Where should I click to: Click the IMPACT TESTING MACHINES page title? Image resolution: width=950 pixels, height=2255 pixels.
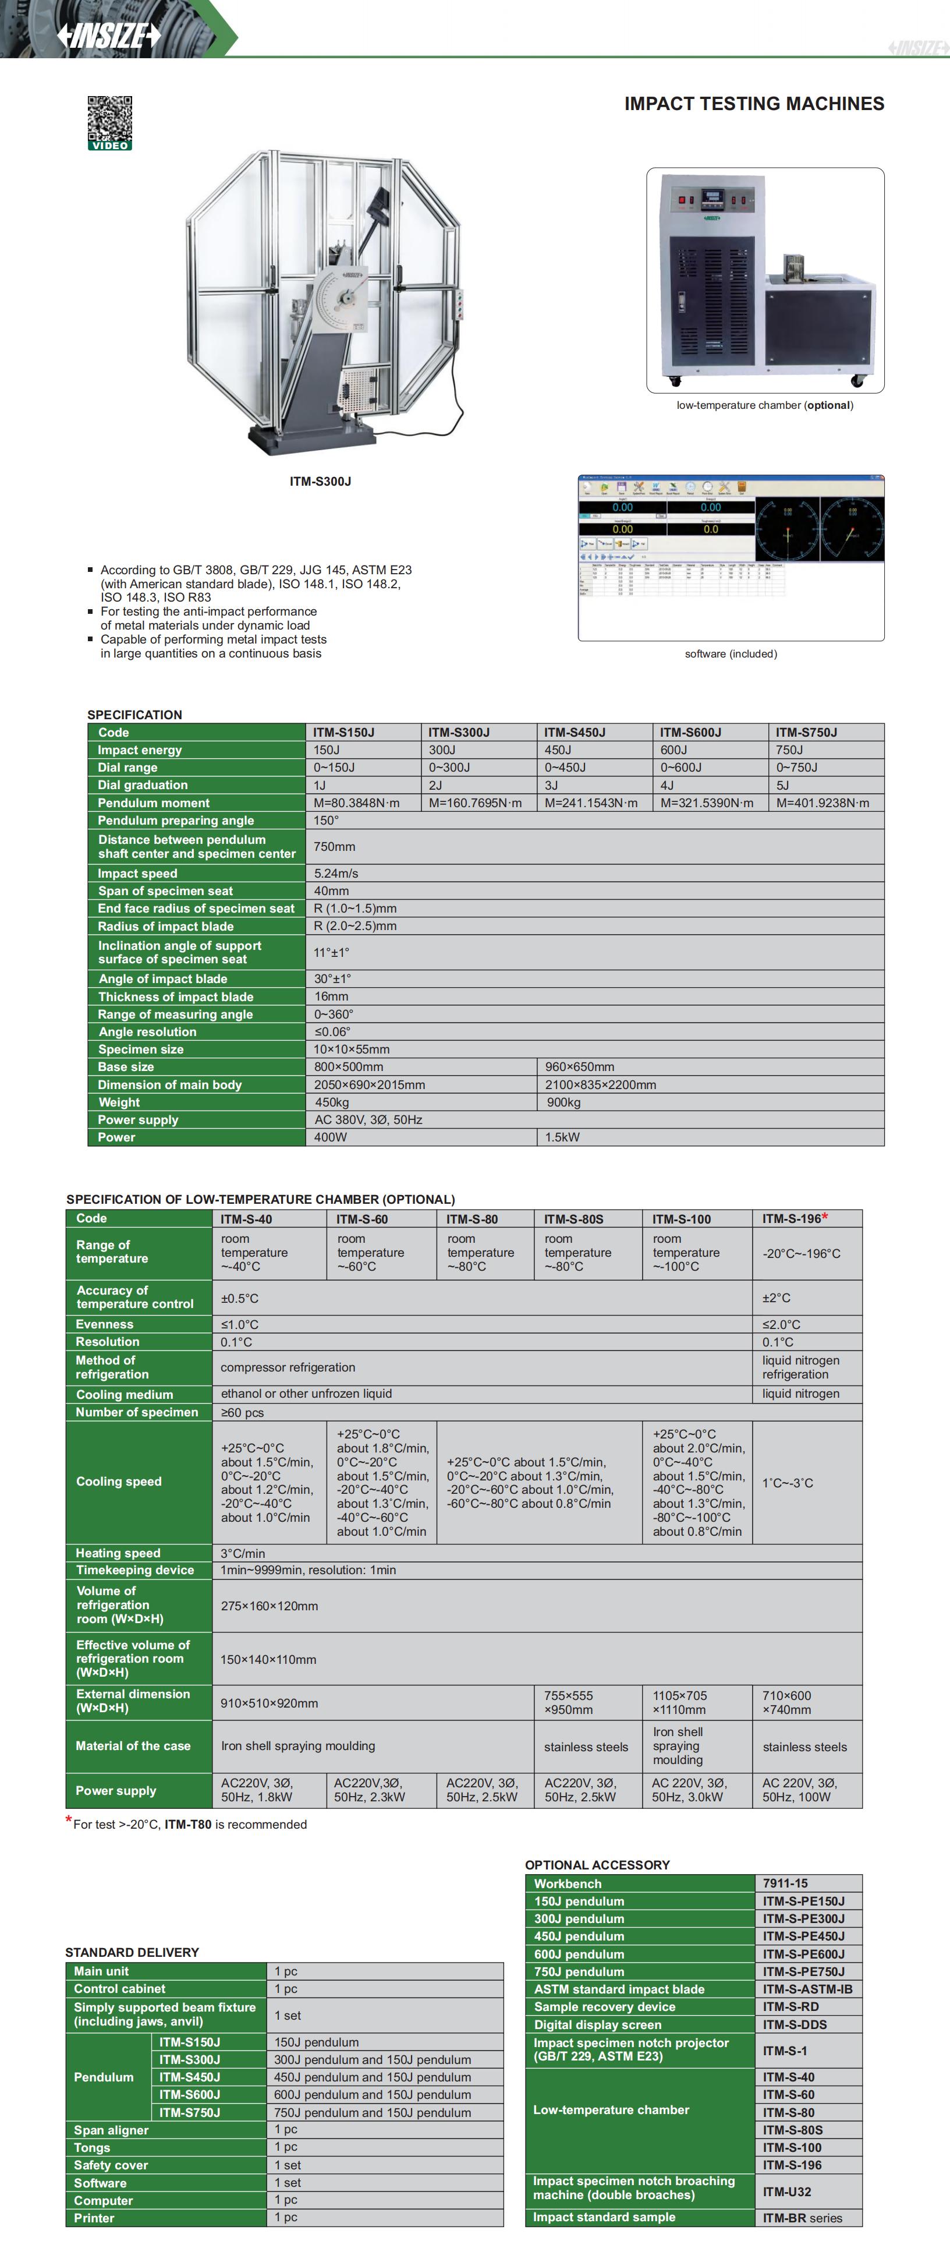[753, 104]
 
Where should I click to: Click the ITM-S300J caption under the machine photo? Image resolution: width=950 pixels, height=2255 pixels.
[320, 482]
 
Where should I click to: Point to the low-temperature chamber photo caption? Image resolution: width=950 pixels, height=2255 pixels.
[764, 405]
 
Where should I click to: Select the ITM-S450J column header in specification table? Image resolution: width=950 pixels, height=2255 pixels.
[574, 733]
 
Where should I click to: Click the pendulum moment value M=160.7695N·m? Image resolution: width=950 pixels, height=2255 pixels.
[475, 803]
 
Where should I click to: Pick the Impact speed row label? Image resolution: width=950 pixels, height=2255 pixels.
[137, 874]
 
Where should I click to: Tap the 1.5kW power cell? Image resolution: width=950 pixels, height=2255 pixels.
[562, 1137]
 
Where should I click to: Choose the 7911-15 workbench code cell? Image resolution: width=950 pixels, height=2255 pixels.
[785, 1883]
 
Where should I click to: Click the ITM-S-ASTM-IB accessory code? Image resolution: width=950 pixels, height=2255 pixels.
[807, 1989]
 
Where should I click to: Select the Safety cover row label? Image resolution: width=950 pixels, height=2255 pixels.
[111, 2165]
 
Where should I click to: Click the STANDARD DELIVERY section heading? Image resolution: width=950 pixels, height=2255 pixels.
[132, 1952]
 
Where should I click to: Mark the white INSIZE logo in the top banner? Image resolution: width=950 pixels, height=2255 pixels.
[108, 35]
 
